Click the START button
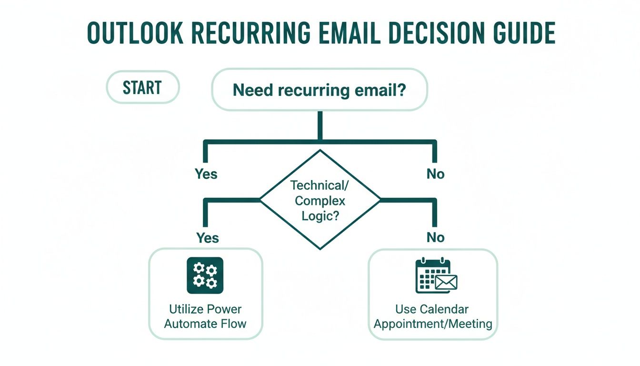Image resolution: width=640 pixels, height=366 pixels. (142, 88)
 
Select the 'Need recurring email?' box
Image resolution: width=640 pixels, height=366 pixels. (319, 90)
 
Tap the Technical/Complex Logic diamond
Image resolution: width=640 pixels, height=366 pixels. (320, 200)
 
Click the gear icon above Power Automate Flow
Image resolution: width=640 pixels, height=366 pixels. (205, 275)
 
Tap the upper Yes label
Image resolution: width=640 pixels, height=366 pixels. (206, 174)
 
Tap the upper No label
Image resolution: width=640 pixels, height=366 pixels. (435, 174)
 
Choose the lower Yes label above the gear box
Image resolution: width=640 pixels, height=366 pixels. (208, 237)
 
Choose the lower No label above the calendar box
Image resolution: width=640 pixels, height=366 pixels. (435, 237)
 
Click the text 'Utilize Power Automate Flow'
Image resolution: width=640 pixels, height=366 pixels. (205, 316)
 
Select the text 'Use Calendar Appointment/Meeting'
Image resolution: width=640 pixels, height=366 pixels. (432, 316)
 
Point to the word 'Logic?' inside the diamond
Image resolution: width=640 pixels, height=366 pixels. (320, 215)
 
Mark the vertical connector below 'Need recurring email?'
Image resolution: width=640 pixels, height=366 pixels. (320, 125)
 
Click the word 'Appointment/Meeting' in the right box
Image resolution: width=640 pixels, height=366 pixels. (432, 324)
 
